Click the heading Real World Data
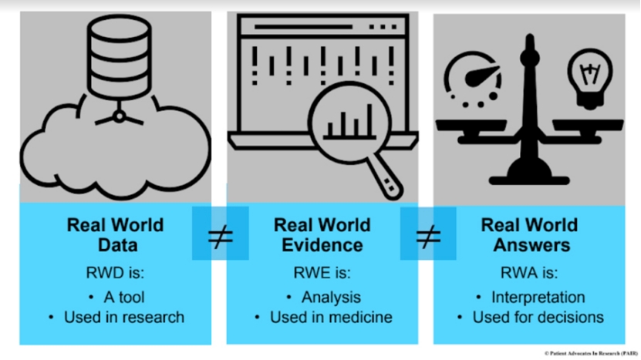click(x=115, y=235)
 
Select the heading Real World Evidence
click(x=322, y=235)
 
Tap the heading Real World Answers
click(x=529, y=235)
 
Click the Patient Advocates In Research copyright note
click(x=590, y=353)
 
